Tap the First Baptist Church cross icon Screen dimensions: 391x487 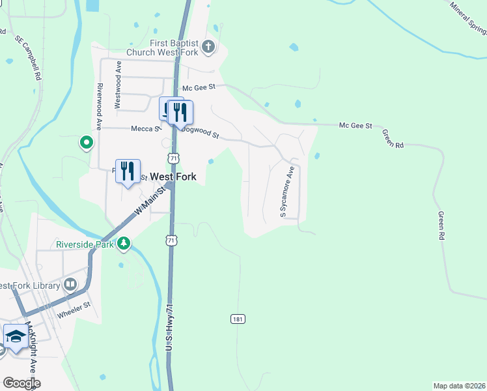click(x=208, y=46)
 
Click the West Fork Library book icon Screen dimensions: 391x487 click(x=70, y=285)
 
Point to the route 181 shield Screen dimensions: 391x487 click(x=238, y=319)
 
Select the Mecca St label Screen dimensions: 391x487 click(x=146, y=129)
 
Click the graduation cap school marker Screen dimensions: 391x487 click(x=16, y=336)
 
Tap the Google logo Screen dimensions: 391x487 click(x=22, y=383)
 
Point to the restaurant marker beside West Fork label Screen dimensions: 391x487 click(x=128, y=171)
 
